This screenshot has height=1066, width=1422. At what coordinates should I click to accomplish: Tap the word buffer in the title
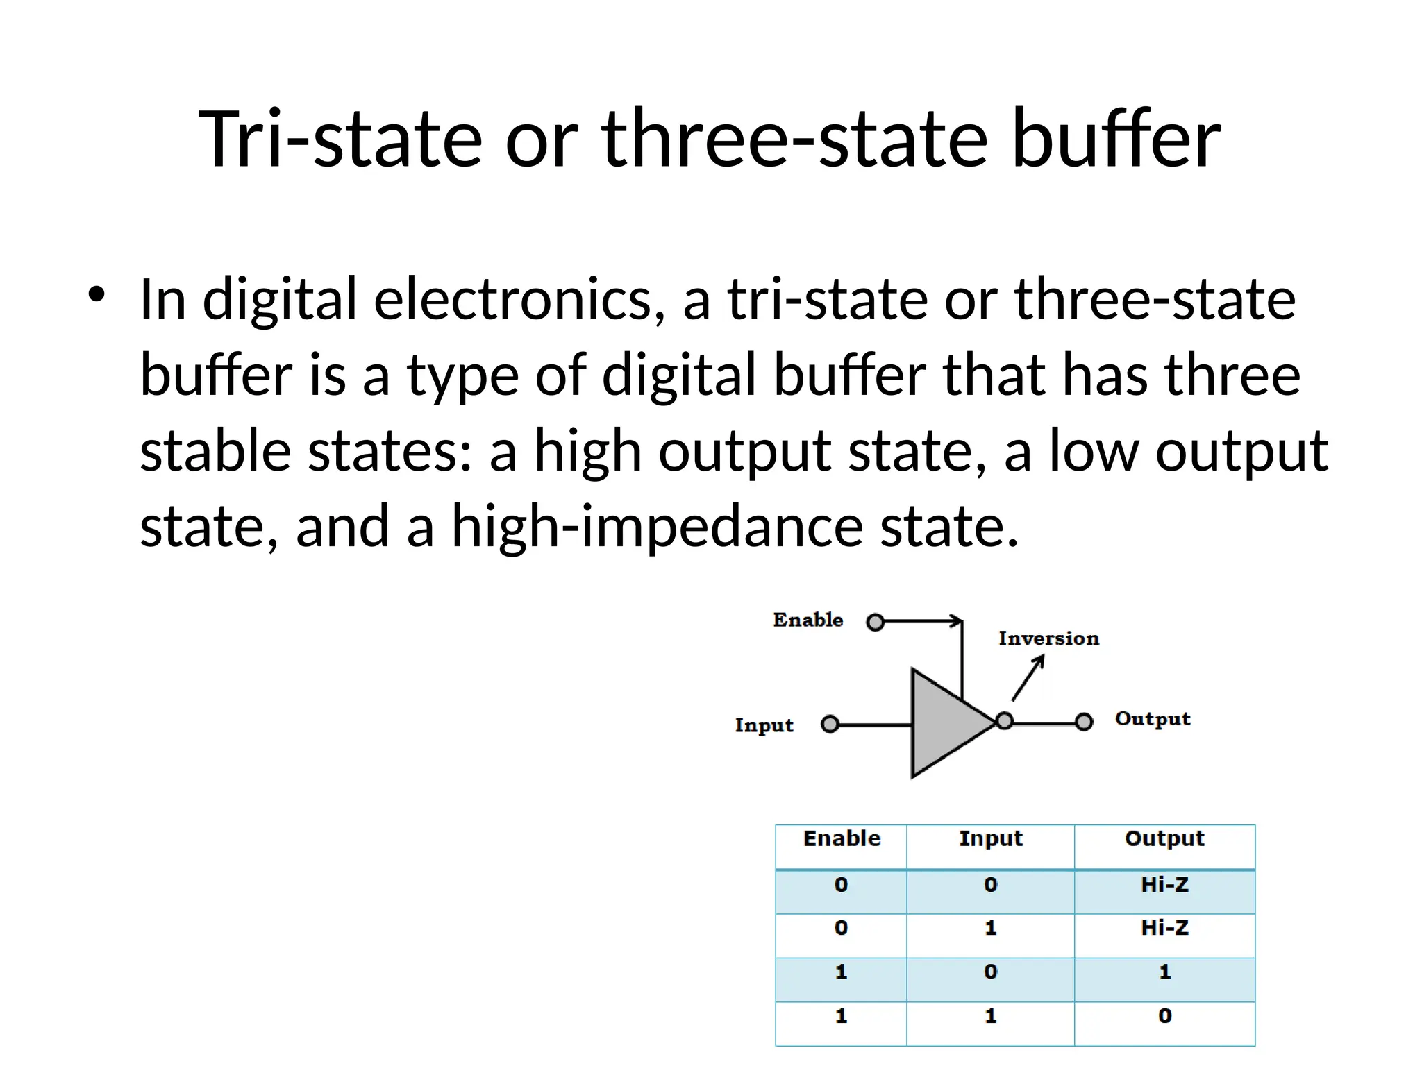click(1115, 139)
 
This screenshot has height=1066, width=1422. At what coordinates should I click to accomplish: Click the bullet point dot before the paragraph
click(97, 294)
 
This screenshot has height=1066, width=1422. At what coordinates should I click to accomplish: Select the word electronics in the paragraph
click(519, 300)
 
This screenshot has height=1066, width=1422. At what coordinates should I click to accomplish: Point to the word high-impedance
click(657, 526)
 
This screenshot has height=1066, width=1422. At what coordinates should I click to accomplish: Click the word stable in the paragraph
click(215, 450)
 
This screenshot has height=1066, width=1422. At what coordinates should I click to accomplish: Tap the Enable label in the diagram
click(808, 620)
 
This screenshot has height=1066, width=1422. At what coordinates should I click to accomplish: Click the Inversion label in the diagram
click(1048, 638)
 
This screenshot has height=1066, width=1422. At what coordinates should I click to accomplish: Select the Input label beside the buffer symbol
click(764, 725)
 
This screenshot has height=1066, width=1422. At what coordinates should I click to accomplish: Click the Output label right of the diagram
click(1153, 719)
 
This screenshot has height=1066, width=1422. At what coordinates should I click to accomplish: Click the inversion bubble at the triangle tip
click(1004, 721)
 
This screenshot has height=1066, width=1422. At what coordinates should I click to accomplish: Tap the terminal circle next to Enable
click(876, 622)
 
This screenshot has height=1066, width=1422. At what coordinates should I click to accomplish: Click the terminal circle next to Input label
click(830, 725)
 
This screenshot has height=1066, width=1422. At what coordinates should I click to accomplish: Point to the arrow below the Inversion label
click(1028, 678)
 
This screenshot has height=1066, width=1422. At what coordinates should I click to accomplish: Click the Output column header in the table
click(1164, 839)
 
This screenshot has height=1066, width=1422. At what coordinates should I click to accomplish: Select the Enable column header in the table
click(842, 839)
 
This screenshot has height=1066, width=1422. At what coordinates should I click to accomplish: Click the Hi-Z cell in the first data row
click(1164, 885)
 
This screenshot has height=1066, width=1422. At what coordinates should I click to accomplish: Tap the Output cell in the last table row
click(1164, 1016)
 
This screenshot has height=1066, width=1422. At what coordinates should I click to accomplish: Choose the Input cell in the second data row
click(990, 928)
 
